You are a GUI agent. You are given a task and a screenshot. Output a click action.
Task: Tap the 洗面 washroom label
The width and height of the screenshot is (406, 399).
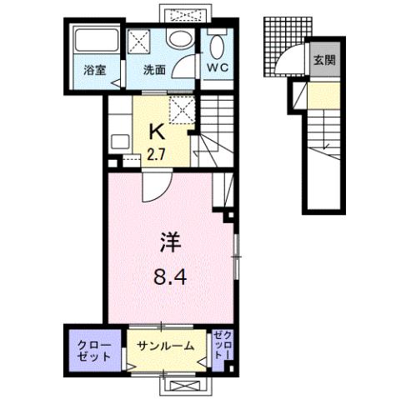154,72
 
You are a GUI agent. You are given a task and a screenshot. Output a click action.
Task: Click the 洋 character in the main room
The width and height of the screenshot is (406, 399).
170,242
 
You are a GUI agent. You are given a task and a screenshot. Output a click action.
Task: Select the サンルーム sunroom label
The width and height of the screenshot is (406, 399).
167,347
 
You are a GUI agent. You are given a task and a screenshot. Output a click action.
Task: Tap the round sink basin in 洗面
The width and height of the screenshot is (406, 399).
178,37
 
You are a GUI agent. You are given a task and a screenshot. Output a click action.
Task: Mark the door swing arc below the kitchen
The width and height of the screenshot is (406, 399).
152,187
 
